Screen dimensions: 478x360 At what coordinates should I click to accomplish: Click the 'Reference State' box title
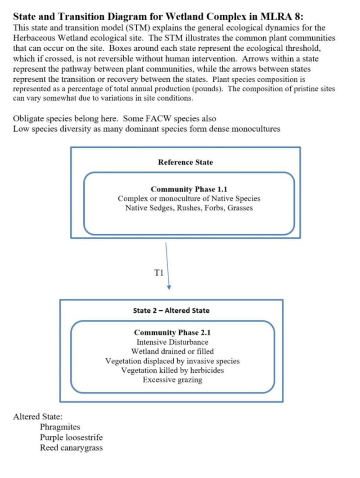tap(185, 162)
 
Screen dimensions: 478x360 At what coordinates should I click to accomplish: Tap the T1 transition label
tap(159, 272)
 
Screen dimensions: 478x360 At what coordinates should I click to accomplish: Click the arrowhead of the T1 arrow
tap(169, 287)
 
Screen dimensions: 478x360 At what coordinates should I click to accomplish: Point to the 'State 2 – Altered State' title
tap(171, 310)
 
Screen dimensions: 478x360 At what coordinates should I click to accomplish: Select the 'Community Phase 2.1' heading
tap(172, 333)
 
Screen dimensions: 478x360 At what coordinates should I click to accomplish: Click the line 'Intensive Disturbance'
tap(172, 342)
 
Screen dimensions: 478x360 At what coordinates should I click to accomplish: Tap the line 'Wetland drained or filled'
tap(172, 352)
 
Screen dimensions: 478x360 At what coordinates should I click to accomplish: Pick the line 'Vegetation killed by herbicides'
tap(172, 371)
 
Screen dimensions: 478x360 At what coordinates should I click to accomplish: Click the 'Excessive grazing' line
tap(172, 380)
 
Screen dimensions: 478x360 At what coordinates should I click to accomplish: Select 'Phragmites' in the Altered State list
tap(60, 427)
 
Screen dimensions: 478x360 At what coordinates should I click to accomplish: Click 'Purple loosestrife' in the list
tap(71, 437)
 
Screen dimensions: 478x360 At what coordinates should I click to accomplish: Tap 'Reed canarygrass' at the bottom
tap(71, 448)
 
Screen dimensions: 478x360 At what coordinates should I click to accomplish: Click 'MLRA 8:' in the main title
tap(282, 17)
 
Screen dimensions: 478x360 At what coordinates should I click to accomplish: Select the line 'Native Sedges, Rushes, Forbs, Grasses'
tap(189, 208)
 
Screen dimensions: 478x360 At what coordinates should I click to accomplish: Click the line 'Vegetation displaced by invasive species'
tap(172, 361)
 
